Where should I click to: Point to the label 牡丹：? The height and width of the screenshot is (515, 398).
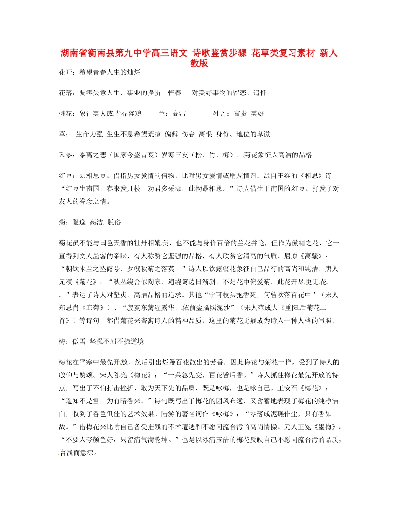pyautogui.click(x=221, y=113)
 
